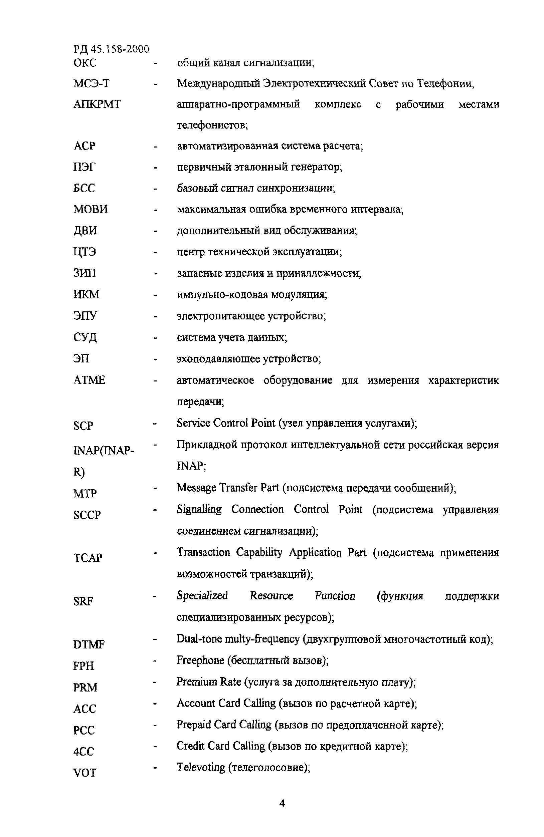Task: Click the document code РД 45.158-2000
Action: [x=111, y=49]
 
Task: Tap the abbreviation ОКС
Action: [x=85, y=63]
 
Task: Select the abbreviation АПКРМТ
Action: [x=97, y=104]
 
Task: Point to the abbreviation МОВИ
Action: [x=90, y=209]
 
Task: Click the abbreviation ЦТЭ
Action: [x=84, y=252]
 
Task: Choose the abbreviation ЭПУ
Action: [x=85, y=315]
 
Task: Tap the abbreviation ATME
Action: [x=89, y=380]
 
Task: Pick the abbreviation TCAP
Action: [x=87, y=558]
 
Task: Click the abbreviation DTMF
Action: [x=89, y=645]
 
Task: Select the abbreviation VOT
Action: [x=84, y=773]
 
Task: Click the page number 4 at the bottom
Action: [x=282, y=803]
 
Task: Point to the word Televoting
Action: [x=201, y=767]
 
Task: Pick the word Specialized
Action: [x=202, y=596]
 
